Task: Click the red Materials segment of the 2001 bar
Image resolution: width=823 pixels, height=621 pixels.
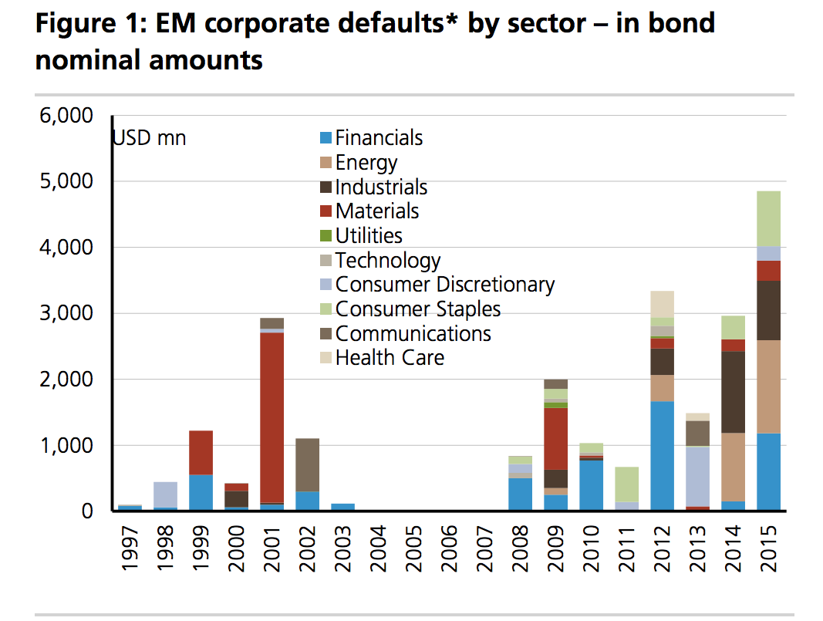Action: coord(271,417)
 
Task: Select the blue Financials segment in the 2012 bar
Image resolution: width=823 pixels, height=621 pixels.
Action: coord(663,455)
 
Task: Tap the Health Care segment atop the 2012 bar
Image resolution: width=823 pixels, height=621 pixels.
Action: coord(663,304)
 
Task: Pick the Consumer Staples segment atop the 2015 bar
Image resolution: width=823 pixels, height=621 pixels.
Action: coord(768,218)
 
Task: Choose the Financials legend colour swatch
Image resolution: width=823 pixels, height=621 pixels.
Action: coord(325,138)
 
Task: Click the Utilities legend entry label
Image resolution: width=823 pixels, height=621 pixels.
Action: coord(369,235)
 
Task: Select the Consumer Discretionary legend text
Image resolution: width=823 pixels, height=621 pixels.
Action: coord(445,284)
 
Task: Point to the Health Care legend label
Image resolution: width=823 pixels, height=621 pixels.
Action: coord(390,357)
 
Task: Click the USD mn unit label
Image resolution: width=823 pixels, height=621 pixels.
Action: coord(150,139)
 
